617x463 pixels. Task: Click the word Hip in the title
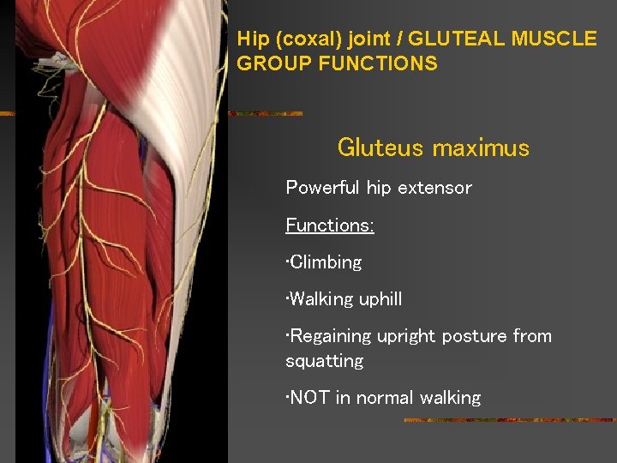(253, 39)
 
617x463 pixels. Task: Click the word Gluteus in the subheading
(380, 148)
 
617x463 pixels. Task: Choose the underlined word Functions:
(330, 225)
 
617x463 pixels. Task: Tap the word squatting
(324, 361)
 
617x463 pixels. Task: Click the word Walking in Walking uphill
(318, 299)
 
